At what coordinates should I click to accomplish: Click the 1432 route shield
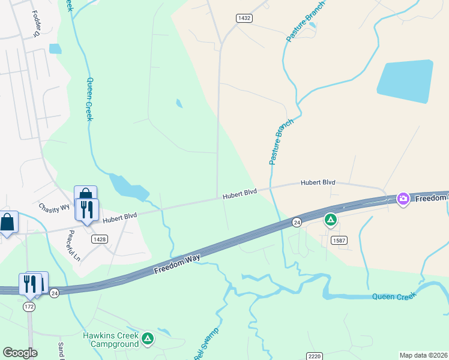click(x=244, y=19)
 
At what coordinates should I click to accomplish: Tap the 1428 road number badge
click(x=100, y=239)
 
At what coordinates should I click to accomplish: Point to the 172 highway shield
click(x=29, y=307)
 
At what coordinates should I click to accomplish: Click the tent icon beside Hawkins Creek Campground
click(x=148, y=339)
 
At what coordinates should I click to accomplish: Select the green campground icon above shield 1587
click(x=330, y=220)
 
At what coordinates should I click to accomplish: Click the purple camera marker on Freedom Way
click(x=403, y=199)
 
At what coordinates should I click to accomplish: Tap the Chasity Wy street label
click(x=54, y=208)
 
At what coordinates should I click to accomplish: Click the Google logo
click(x=20, y=353)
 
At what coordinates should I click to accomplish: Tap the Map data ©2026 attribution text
click(x=423, y=355)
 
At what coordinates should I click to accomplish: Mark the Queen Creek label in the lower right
click(x=392, y=296)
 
